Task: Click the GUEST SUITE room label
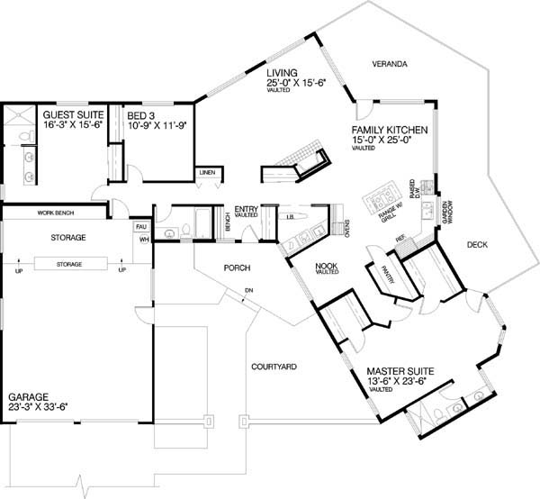[73, 116]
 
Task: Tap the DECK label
[480, 244]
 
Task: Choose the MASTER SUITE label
[401, 370]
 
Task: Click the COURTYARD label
[274, 367]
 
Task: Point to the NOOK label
[326, 265]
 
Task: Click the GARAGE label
[29, 396]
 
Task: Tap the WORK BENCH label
[55, 213]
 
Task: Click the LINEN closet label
[207, 171]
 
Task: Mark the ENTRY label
[247, 209]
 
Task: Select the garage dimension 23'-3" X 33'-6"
[38, 407]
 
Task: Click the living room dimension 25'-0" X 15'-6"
[295, 83]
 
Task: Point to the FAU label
[140, 227]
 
